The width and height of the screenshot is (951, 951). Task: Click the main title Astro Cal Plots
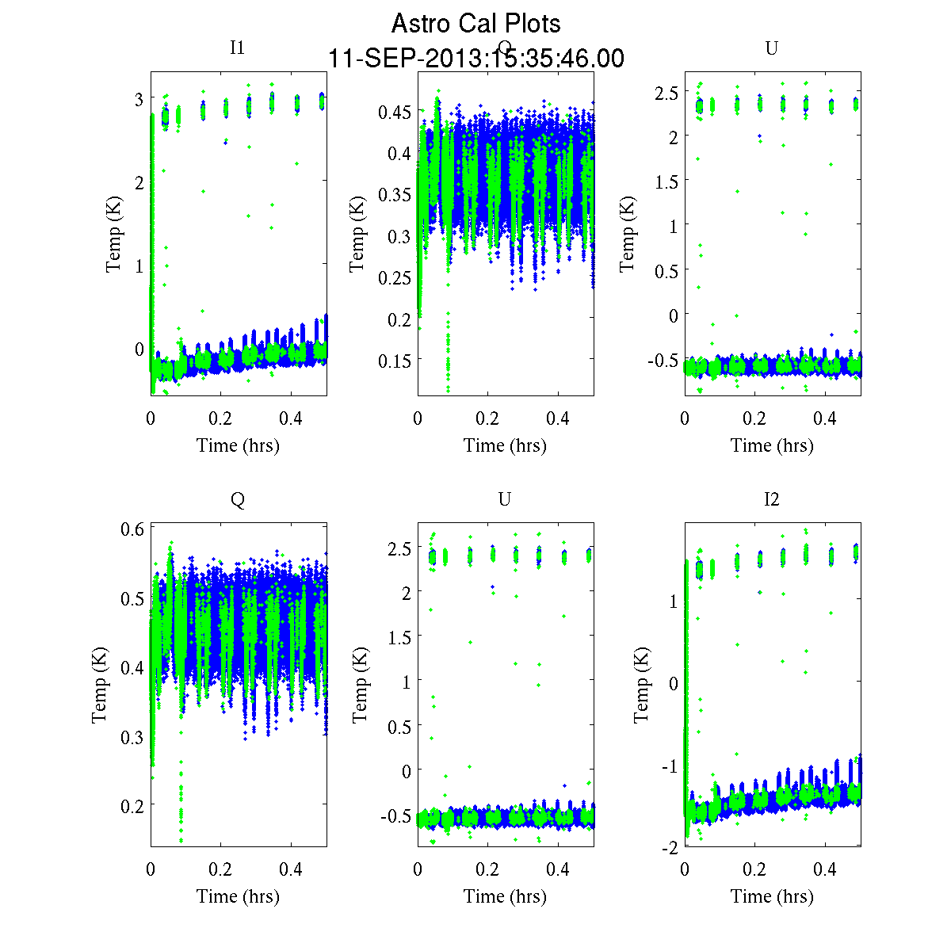point(475,24)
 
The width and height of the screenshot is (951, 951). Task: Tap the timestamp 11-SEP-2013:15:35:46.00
point(475,59)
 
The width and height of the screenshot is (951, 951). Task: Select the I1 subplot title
point(237,48)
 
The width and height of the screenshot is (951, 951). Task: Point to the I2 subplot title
point(771,498)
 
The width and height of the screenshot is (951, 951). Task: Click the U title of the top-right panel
point(771,48)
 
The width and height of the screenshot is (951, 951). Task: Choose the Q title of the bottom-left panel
point(237,498)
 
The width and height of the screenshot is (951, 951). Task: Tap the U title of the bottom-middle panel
point(504,498)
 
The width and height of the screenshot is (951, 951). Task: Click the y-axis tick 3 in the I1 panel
point(139,99)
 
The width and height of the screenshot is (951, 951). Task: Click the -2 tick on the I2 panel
point(670,847)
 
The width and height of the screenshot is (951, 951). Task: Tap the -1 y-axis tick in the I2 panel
point(670,766)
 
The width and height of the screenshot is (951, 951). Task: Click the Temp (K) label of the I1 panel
point(115,235)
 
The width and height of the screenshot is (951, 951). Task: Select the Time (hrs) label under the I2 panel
point(772,896)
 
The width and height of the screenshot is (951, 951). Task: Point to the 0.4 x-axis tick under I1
point(292,418)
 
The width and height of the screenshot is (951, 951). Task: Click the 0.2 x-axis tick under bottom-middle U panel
point(488,869)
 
